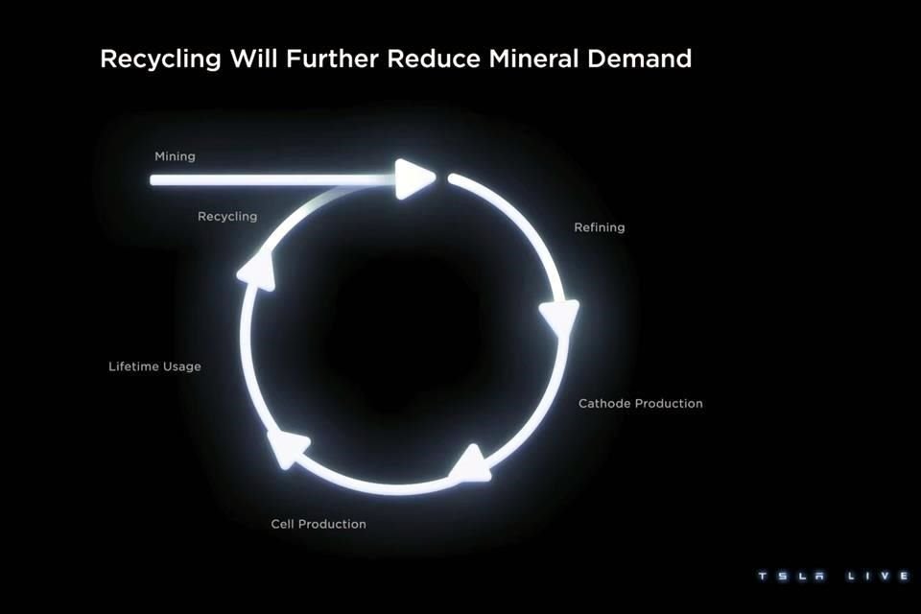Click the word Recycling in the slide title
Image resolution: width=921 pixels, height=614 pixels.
click(160, 59)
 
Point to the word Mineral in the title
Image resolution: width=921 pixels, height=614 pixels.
click(540, 59)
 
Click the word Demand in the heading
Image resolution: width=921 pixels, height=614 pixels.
click(642, 59)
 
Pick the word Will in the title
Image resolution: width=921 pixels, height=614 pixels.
click(250, 59)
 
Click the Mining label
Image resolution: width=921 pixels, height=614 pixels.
click(175, 156)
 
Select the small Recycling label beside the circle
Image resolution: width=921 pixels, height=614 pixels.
click(227, 217)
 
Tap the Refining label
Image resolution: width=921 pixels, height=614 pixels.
click(599, 228)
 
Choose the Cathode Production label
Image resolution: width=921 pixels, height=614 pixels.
click(640, 404)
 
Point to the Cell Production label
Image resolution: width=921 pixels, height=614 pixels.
click(319, 524)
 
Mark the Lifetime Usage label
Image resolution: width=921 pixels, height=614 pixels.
click(154, 366)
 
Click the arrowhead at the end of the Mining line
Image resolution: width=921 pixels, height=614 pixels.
click(415, 178)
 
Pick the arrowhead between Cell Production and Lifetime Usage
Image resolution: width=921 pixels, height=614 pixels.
click(289, 447)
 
